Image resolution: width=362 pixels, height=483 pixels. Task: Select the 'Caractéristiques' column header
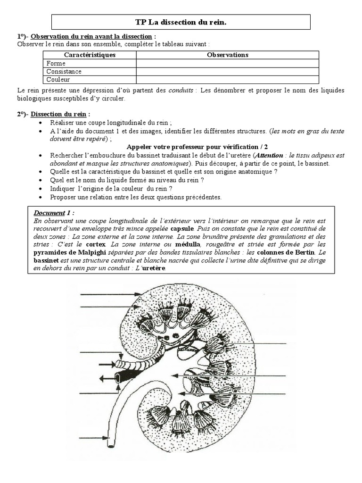tap(90, 55)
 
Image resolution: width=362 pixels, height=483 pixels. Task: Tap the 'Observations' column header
tap(228, 55)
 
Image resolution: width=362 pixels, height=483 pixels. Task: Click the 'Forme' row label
tap(56, 63)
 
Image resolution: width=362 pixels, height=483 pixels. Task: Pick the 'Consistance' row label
tap(64, 72)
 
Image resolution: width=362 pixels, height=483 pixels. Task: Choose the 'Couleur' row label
tap(58, 80)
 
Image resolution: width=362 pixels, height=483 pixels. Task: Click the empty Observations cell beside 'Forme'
tap(228, 63)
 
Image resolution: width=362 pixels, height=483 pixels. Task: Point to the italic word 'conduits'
tap(181, 90)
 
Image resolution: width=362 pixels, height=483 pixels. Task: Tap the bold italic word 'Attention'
tap(270, 155)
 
